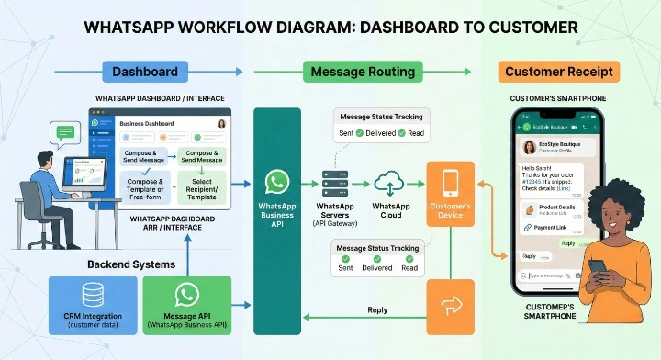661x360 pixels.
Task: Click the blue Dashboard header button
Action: click(x=144, y=72)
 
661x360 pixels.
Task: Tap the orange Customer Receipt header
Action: click(x=559, y=72)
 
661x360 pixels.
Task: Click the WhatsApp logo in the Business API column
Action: click(x=277, y=181)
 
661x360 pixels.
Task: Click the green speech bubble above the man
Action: click(x=65, y=135)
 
